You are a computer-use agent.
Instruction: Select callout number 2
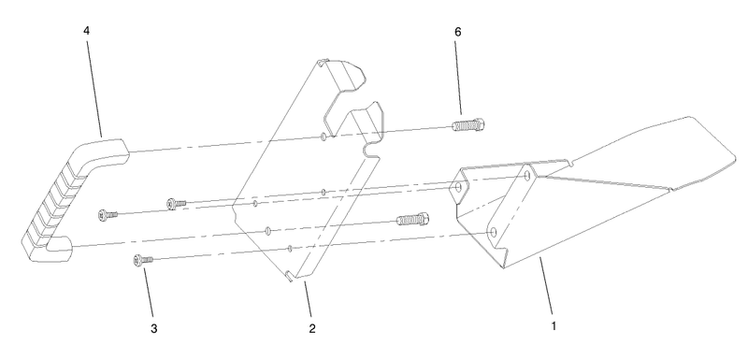pyautogui.click(x=311, y=328)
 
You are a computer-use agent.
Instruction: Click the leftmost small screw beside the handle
pyautogui.click(x=108, y=214)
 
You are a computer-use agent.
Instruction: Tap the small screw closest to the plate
pyautogui.click(x=175, y=201)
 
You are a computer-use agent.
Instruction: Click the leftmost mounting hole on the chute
pyautogui.click(x=457, y=189)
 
